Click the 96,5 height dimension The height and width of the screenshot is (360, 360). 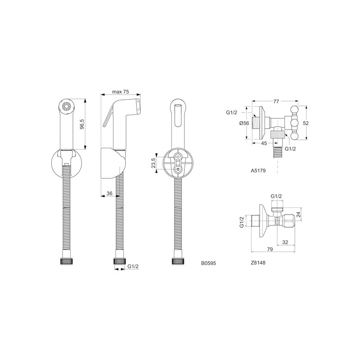click(x=82, y=125)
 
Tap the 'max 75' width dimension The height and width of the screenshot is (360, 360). click(x=121, y=92)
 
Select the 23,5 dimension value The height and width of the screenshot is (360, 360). click(x=153, y=163)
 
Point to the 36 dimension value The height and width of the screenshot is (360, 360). click(x=109, y=193)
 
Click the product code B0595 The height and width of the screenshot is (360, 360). click(x=208, y=263)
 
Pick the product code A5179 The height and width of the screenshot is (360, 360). click(x=258, y=171)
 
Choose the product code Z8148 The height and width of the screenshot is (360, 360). click(x=258, y=263)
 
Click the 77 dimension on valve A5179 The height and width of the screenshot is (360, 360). click(x=276, y=101)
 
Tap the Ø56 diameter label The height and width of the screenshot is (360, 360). click(x=244, y=123)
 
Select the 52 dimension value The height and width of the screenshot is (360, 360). click(x=306, y=123)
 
